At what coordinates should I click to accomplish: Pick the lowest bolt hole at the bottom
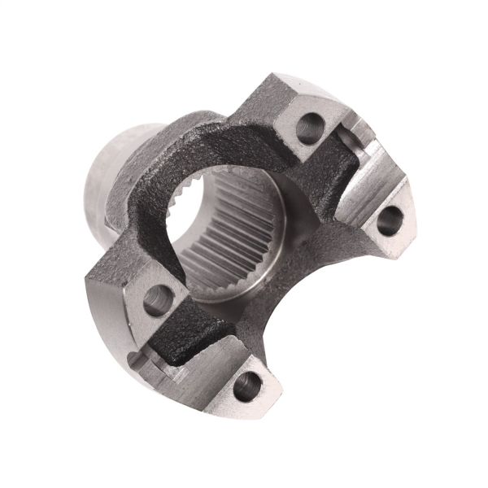248,384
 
